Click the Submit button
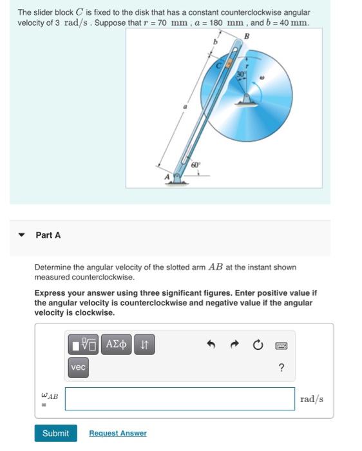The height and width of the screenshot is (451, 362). click(55, 433)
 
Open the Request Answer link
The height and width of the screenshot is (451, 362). click(117, 433)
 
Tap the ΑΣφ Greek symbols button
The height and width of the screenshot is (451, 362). click(116, 345)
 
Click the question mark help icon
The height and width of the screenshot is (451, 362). click(281, 368)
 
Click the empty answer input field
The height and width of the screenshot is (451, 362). click(180, 398)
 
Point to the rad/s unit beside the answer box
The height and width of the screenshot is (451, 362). click(312, 399)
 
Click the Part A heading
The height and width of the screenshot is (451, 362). click(48, 235)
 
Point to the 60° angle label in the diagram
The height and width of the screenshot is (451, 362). click(194, 166)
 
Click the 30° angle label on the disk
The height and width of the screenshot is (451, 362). click(242, 75)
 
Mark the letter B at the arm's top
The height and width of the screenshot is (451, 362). click(245, 36)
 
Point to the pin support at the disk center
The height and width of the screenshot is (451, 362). click(246, 99)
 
